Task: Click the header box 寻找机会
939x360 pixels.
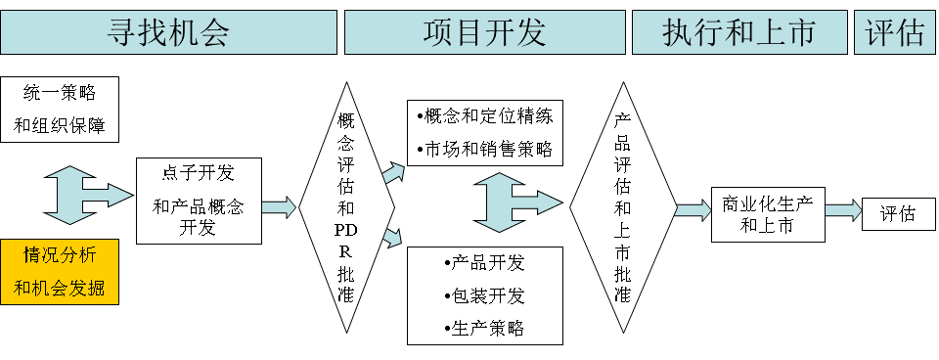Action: pyautogui.click(x=168, y=33)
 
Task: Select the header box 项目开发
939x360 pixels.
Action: pyautogui.click(x=484, y=33)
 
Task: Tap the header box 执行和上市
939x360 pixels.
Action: pyautogui.click(x=738, y=33)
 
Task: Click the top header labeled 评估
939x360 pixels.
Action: pyautogui.click(x=894, y=33)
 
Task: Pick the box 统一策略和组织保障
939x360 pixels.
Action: pyautogui.click(x=60, y=110)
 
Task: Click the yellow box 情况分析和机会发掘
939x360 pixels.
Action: pyautogui.click(x=60, y=271)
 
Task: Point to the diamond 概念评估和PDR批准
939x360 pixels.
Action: pyautogui.click(x=345, y=206)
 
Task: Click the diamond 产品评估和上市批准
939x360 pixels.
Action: pyautogui.click(x=622, y=206)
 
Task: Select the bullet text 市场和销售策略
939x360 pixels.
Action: pyautogui.click(x=485, y=150)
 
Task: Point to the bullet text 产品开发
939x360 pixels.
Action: pyautogui.click(x=484, y=264)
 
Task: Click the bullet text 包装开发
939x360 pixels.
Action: pyautogui.click(x=484, y=295)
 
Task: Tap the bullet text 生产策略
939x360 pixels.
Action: pyautogui.click(x=484, y=328)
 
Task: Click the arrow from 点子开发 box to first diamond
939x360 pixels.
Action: pyautogui.click(x=279, y=206)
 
